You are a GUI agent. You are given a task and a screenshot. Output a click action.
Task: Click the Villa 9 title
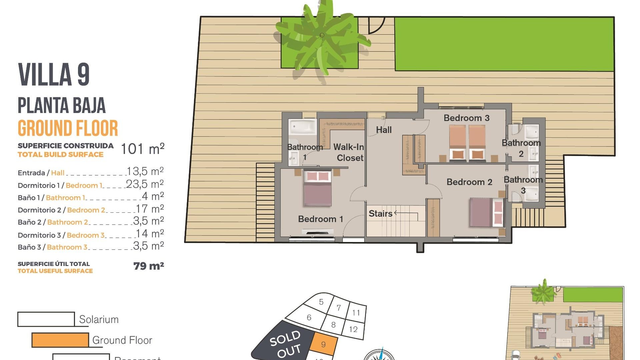coord(54,74)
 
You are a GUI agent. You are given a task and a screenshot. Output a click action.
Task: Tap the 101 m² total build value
coord(142,149)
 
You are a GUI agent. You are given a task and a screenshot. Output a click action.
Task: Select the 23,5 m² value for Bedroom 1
coord(145,184)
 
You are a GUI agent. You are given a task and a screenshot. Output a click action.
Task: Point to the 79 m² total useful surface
coord(149,266)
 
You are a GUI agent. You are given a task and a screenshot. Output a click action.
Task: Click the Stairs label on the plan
coord(380,214)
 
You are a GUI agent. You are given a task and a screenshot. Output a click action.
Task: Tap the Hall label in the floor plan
coord(384,130)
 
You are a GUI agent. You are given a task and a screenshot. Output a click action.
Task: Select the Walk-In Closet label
coord(349,152)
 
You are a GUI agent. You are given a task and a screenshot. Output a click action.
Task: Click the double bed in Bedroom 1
coord(318,188)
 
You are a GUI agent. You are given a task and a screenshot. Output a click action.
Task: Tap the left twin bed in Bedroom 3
coord(457,142)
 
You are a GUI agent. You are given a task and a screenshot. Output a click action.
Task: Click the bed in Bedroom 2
coord(486,212)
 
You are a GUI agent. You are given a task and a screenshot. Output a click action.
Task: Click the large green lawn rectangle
coord(504,44)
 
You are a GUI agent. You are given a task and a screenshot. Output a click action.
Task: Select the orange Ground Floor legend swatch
coord(60,340)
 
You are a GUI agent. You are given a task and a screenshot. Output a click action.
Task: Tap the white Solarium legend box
coord(46,319)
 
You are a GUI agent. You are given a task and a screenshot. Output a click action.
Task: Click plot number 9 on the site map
coord(323,344)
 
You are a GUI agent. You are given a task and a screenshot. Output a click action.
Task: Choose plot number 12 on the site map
coord(353,329)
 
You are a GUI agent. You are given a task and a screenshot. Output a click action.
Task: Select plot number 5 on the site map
coord(321,302)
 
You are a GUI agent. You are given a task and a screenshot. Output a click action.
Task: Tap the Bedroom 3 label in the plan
coord(466,118)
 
